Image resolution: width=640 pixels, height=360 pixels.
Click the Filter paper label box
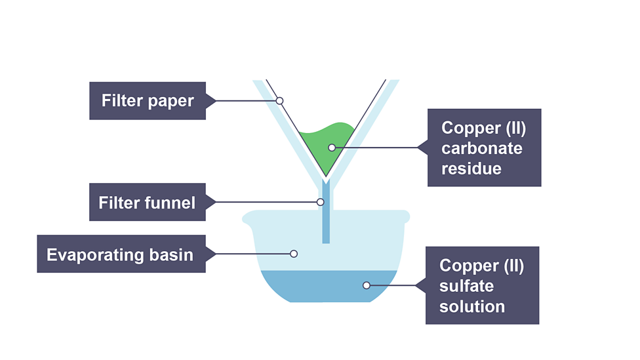click(148, 101)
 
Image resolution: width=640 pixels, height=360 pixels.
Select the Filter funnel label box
click(148, 202)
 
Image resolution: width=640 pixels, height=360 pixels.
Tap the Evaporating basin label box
click(121, 254)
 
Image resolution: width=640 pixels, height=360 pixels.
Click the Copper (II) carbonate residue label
click(484, 148)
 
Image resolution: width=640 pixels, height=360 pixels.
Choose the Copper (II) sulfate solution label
click(482, 285)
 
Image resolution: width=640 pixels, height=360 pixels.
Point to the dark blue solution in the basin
click(328, 289)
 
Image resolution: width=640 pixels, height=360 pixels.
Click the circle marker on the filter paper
click(279, 101)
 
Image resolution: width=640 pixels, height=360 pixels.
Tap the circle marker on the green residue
click(332, 148)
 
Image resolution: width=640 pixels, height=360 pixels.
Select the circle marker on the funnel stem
click(321, 202)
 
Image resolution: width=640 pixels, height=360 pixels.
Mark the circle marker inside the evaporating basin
click(294, 254)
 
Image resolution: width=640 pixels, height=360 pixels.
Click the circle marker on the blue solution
click(367, 285)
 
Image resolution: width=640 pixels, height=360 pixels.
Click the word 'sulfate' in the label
click(466, 286)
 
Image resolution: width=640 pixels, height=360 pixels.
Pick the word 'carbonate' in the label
click(482, 148)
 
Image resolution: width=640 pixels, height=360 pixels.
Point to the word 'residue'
click(471, 169)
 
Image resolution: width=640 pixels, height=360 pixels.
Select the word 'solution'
click(472, 306)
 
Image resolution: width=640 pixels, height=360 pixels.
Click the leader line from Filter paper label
click(243, 101)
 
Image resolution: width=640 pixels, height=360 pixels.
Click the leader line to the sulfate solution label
click(397, 285)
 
